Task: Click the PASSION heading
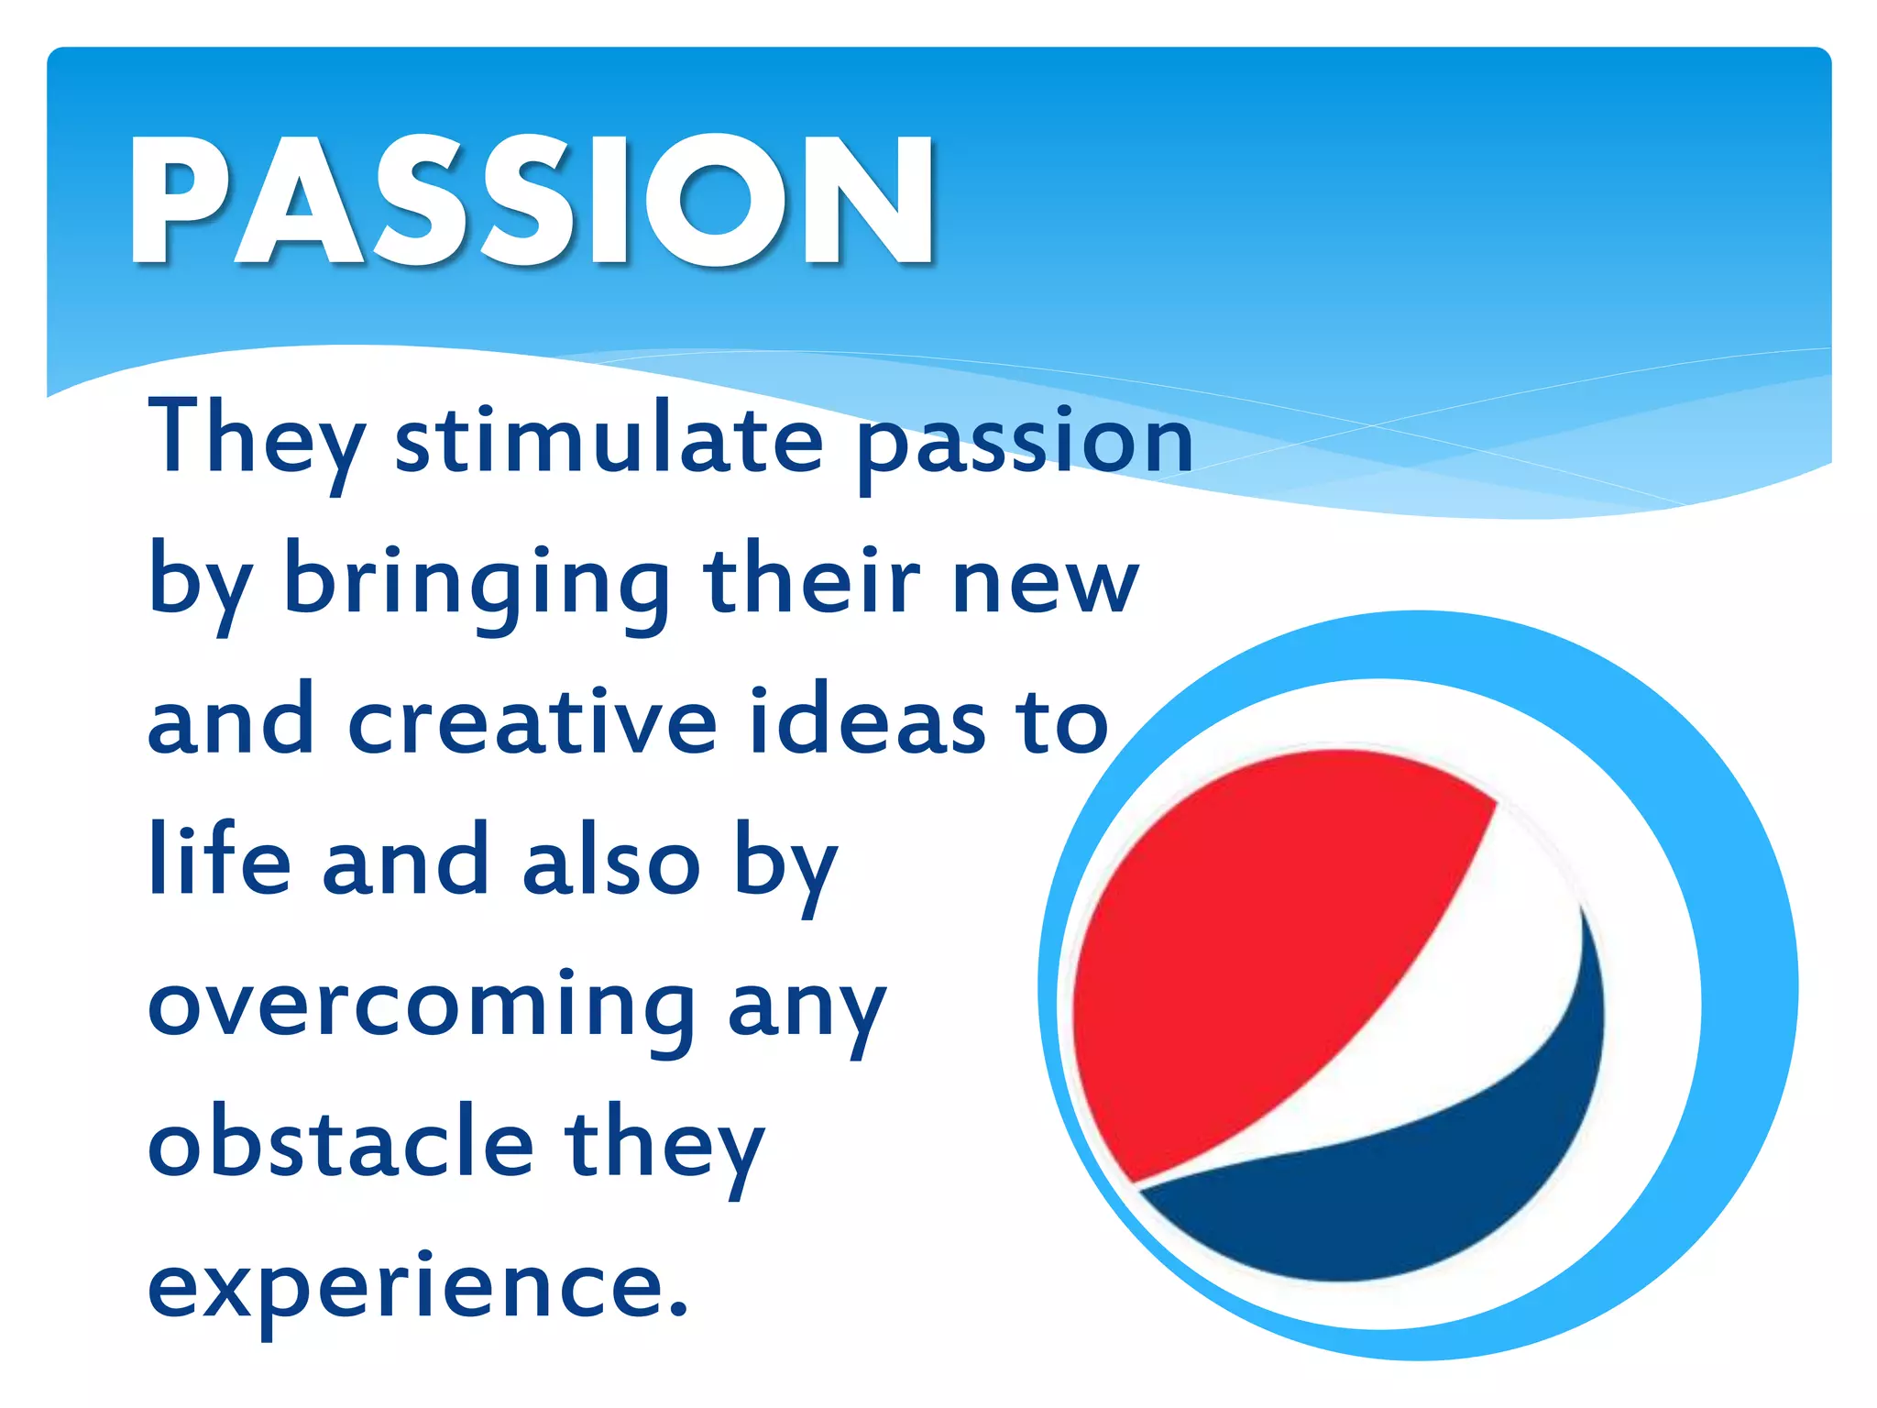coord(532,200)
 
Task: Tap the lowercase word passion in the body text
coord(1025,445)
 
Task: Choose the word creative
coord(532,722)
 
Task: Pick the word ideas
coord(867,722)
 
